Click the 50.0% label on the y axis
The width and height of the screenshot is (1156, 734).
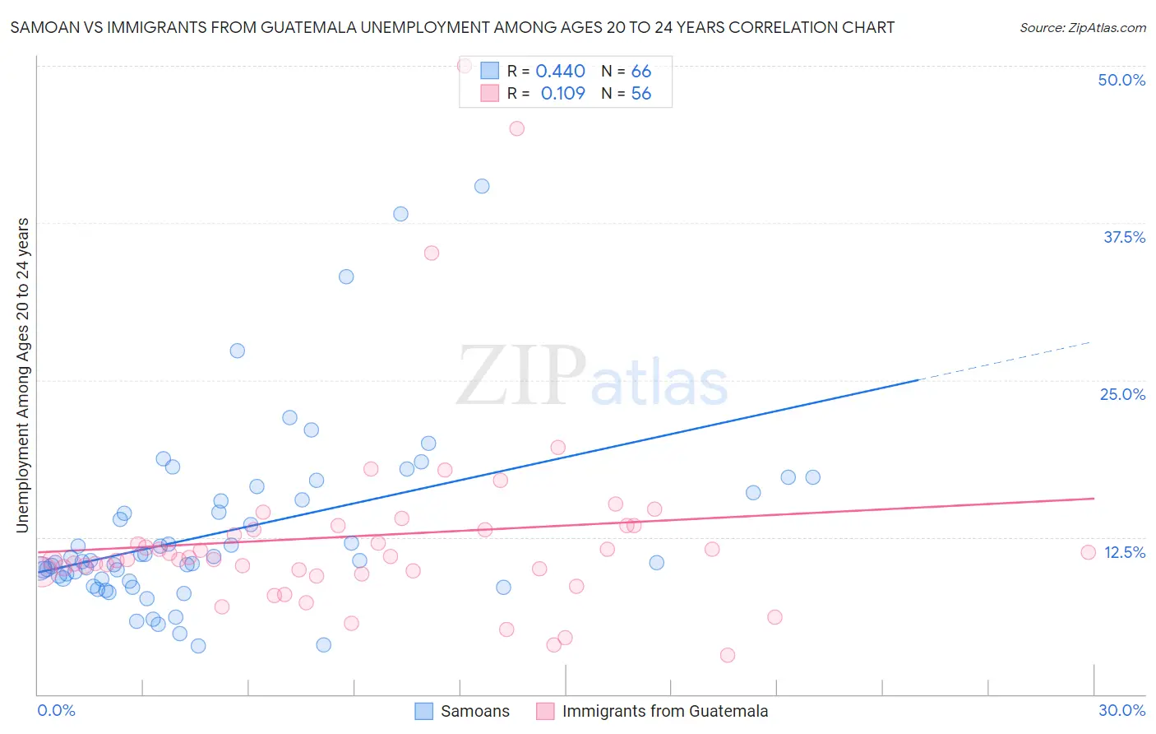click(1121, 80)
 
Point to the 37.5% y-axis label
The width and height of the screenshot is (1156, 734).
click(1124, 237)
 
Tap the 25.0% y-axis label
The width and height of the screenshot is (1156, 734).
click(1122, 394)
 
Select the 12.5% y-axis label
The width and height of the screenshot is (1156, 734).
click(1124, 552)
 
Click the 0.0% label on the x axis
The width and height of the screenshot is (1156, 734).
click(56, 710)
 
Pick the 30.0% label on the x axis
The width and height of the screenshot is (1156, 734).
click(1121, 710)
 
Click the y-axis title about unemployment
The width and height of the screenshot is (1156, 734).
click(22, 374)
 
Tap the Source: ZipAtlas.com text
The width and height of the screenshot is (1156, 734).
click(1082, 27)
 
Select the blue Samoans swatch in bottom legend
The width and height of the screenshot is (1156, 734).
click(423, 711)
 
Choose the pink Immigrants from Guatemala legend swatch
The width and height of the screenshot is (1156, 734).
click(545, 711)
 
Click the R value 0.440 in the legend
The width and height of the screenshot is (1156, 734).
click(560, 72)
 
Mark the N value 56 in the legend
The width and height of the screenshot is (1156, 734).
click(640, 94)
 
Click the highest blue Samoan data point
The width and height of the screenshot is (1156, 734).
click(482, 186)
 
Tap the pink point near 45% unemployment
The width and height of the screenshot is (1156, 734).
click(516, 128)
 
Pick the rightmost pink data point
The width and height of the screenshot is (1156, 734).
click(1088, 552)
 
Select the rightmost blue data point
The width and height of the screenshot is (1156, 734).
click(812, 477)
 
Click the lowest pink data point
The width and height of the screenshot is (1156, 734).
click(727, 655)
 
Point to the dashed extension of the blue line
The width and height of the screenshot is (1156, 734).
click(1003, 360)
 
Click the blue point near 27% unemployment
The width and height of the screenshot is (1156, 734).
click(237, 351)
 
